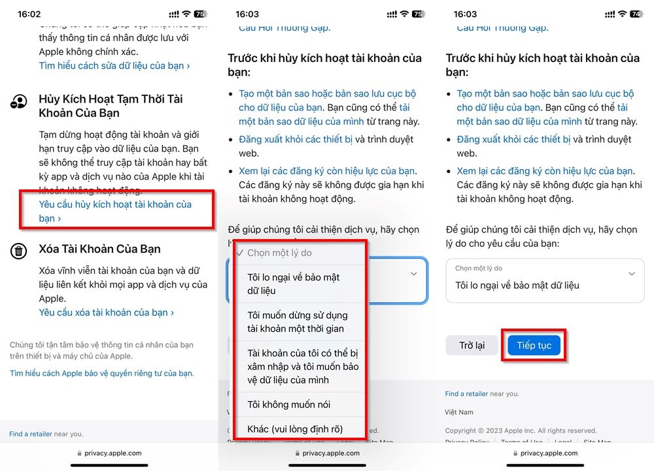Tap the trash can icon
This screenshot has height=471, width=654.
pyautogui.click(x=19, y=251)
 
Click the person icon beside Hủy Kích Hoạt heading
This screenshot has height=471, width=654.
pyautogui.click(x=19, y=101)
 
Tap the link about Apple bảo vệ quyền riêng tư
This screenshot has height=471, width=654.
pyautogui.click(x=101, y=373)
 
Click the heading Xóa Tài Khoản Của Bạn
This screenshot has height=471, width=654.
pyautogui.click(x=99, y=249)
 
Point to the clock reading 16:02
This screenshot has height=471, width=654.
pyautogui.click(x=29, y=14)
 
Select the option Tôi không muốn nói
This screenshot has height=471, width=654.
pyautogui.click(x=288, y=404)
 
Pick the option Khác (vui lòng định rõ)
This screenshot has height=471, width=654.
pyautogui.click(x=295, y=429)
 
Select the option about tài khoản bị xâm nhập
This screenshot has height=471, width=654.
pyautogui.click(x=302, y=366)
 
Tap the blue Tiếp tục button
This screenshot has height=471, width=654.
pyautogui.click(x=534, y=345)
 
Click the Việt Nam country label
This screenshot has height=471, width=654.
pyautogui.click(x=459, y=412)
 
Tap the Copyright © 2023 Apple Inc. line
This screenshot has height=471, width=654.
pyautogui.click(x=521, y=430)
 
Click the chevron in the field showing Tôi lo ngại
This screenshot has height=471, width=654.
pyautogui.click(x=631, y=274)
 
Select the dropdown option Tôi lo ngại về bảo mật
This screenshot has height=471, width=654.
pyautogui.click(x=293, y=284)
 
